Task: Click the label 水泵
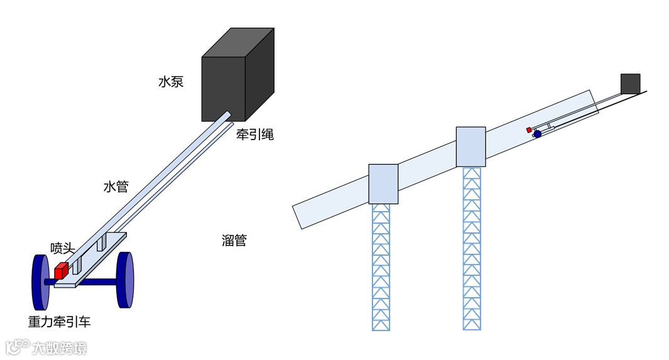point(171,82)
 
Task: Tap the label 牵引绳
point(254,134)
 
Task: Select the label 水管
point(116,187)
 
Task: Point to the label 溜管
point(234,241)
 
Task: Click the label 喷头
point(63,248)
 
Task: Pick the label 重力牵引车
point(59,322)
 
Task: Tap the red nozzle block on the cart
point(61,271)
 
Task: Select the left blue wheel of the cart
point(40,281)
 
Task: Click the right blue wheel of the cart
point(126,280)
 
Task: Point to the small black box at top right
point(630,84)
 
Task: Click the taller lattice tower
point(472,248)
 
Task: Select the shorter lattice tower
point(381,267)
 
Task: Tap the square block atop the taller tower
point(470,146)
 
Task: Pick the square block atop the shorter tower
point(383,183)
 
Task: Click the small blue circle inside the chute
point(537,134)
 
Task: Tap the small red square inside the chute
point(529,129)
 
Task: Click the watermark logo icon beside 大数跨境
point(18,347)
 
